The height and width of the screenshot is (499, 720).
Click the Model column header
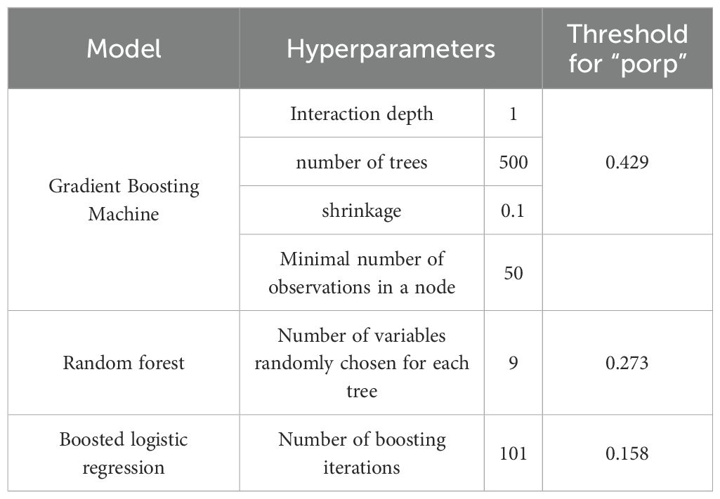pos(124,48)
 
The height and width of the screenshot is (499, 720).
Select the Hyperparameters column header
pos(391,48)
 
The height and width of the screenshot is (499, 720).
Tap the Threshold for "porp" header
pos(627,48)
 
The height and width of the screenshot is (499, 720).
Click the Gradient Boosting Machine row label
pos(124,200)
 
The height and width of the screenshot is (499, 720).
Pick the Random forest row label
pos(124,363)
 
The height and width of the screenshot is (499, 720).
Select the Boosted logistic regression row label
pos(124,453)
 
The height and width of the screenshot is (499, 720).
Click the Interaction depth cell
pos(362,114)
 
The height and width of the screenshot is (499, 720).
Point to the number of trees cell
pos(362,162)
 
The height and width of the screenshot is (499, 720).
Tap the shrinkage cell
pos(362,211)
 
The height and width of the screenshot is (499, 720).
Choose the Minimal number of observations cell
pos(362,272)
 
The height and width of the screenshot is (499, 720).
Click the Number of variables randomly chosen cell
pos(362,363)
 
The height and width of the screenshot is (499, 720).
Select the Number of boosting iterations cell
pos(362,453)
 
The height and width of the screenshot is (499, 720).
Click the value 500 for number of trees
pos(513,162)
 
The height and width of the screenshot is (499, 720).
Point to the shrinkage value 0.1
pos(513,211)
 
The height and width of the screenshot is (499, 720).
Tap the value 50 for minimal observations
pos(513,272)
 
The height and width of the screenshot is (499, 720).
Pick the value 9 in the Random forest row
pos(513,363)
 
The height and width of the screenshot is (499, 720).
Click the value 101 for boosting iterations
pos(513,453)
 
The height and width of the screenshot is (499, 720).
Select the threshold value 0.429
pos(627,162)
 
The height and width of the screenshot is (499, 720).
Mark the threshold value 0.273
pos(627,363)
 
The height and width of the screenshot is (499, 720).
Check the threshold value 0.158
pos(627,453)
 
